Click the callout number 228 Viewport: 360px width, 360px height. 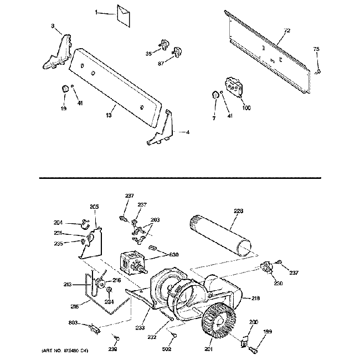[x=239, y=210]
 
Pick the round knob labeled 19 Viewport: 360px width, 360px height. [x=64, y=89]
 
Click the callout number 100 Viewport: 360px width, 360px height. [x=246, y=107]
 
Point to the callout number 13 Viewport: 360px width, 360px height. [x=109, y=115]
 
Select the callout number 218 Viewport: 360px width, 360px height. [x=255, y=298]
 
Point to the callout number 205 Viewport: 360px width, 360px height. [x=94, y=207]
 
